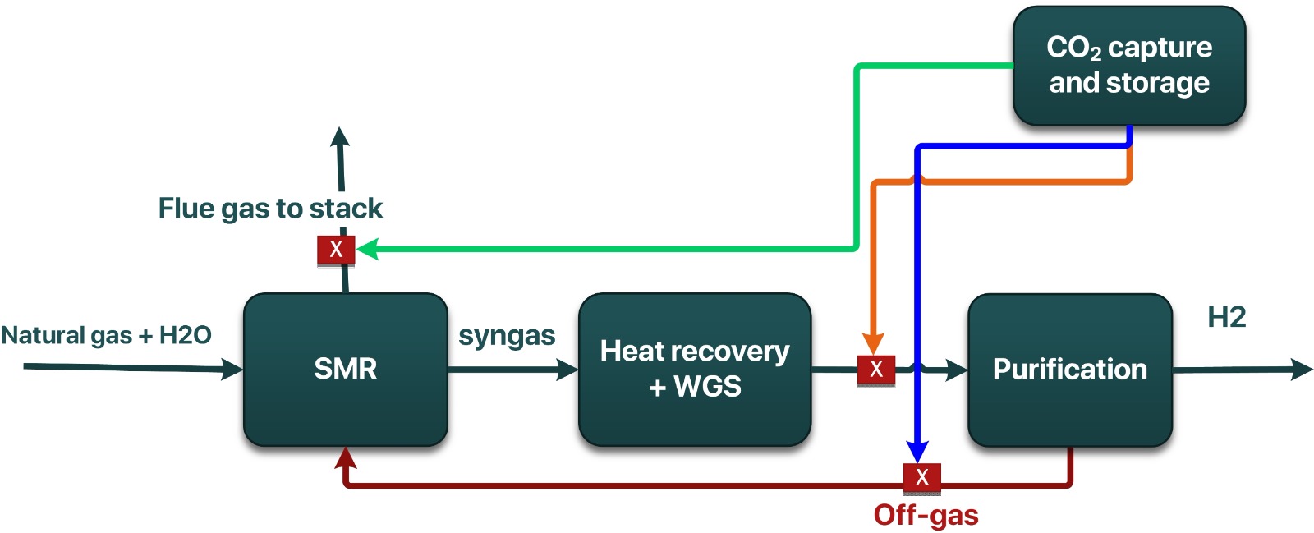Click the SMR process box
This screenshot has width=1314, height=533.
point(345,369)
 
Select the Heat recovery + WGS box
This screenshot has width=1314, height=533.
point(695,369)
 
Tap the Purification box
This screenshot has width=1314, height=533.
point(1069,370)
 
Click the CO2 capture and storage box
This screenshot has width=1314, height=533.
point(1129,66)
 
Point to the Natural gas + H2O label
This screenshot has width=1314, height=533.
point(106,335)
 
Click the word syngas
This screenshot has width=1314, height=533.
point(507,335)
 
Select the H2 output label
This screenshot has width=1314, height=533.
point(1226,317)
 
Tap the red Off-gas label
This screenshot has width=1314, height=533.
point(926,515)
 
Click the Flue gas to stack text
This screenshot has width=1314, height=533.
point(270,209)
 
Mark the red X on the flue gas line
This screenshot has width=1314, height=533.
point(336,249)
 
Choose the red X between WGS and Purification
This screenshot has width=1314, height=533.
point(875,369)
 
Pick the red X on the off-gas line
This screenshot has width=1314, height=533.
point(921,476)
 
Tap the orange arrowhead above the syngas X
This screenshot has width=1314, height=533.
point(873,344)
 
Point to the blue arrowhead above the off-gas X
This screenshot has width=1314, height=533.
point(917,452)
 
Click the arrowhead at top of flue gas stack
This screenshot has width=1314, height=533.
point(339,136)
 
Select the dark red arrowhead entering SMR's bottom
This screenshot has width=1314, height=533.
point(346,457)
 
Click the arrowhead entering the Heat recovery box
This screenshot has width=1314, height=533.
point(567,370)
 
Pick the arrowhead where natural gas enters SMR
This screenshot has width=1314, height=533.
point(232,370)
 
